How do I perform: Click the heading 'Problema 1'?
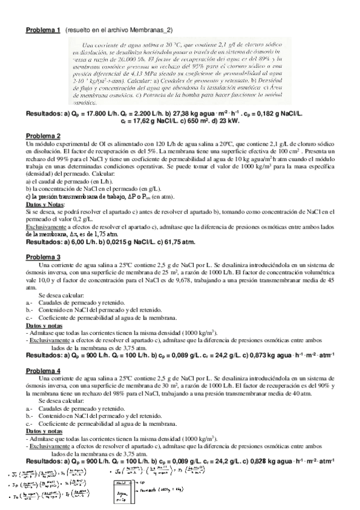pyautogui.click(x=43, y=29)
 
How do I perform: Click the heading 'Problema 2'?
pyautogui.click(x=43, y=135)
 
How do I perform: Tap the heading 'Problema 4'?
pyautogui.click(x=43, y=371)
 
